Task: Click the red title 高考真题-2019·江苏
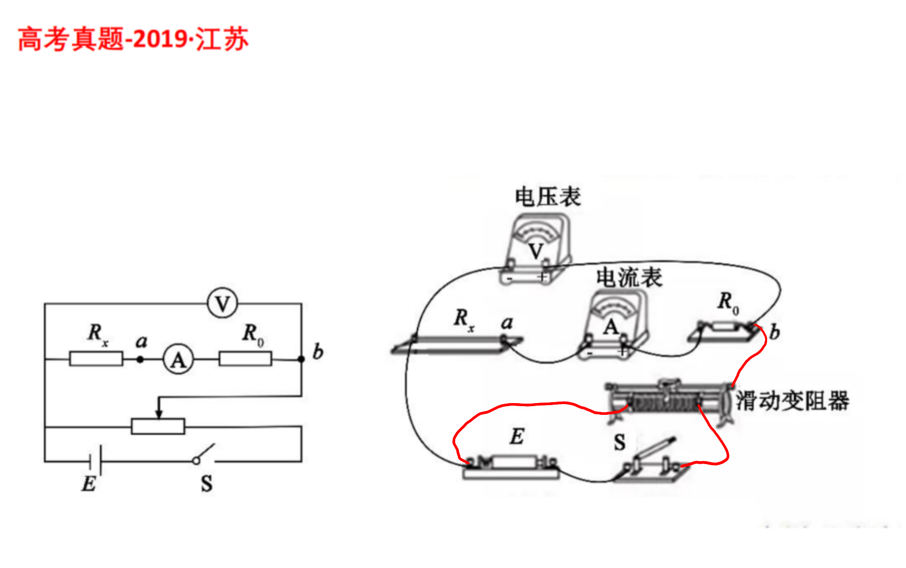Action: pos(133,39)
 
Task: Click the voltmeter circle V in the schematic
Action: pos(222,303)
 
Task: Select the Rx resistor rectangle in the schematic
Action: pos(96,359)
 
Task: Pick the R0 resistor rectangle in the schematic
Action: pos(245,359)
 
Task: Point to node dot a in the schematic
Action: pos(140,359)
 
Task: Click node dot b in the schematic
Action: pos(301,359)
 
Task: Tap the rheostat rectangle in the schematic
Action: pos(158,427)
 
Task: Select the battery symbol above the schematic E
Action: pos(95,461)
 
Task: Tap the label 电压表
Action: pos(548,196)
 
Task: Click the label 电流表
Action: pos(629,277)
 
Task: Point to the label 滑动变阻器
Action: pos(793,401)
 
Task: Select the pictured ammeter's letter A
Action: pos(611,327)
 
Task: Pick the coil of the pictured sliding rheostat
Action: pos(664,405)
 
